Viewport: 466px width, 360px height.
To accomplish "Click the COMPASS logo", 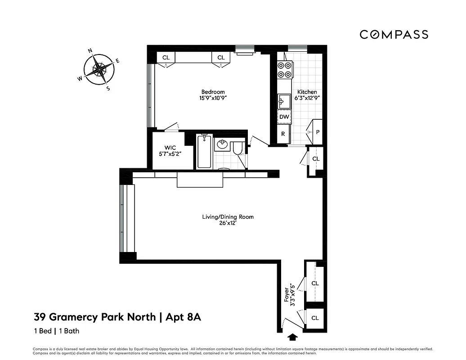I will tap(393, 35).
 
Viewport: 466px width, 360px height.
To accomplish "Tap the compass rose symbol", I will tap(99, 70).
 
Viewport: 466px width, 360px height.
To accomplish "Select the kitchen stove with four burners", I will tap(284, 70).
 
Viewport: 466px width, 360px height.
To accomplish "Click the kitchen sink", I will tap(284, 101).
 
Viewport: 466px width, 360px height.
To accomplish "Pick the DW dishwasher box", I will tap(284, 117).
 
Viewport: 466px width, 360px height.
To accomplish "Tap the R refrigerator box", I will tap(283, 133).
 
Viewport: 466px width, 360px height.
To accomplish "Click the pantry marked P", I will tap(318, 132).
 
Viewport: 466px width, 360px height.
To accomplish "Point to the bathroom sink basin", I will tap(222, 145).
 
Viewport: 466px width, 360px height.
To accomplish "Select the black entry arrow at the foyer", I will tap(292, 336).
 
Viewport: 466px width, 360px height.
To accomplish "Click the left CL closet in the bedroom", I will tap(166, 58).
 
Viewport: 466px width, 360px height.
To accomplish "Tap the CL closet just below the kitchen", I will tap(316, 159).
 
